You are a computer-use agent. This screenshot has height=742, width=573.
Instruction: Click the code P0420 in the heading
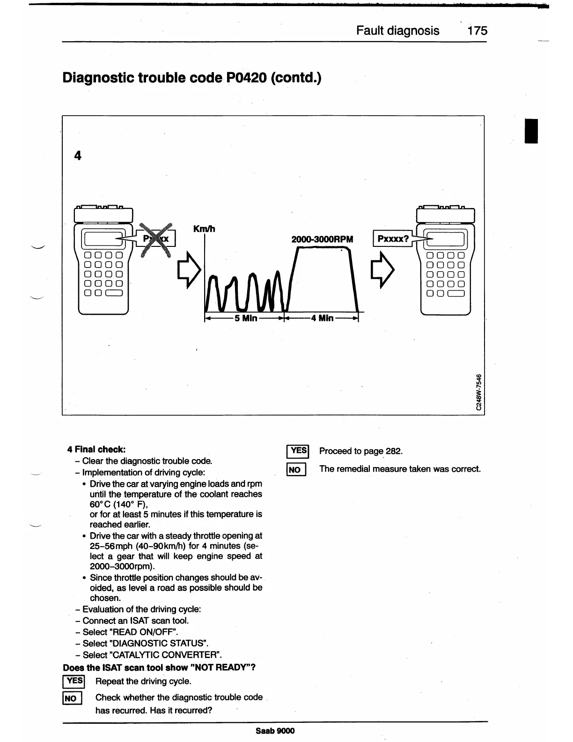coord(246,77)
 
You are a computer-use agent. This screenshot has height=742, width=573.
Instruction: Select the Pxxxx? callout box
coord(393,239)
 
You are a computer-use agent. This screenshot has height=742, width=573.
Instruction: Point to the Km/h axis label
coord(204,229)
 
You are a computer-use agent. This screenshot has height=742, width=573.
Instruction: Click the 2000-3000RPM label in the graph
coord(322,239)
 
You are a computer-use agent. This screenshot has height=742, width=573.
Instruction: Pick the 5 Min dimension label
coord(246,319)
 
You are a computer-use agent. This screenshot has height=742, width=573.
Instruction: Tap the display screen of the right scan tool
coord(445,239)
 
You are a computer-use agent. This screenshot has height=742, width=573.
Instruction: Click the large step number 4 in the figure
coord(78,156)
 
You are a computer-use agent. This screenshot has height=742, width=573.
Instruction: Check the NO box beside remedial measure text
coord(296,469)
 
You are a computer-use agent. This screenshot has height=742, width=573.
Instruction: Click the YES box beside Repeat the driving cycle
coord(73,681)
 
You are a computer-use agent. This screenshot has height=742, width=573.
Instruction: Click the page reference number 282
coord(393,451)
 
